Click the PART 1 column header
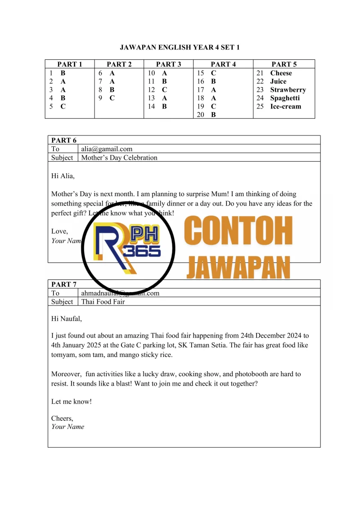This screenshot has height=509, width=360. pyautogui.click(x=69, y=64)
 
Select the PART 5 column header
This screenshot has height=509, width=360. pyautogui.click(x=284, y=64)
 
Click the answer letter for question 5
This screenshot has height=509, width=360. pyautogui.click(x=63, y=107)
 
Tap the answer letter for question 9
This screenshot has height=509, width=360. pyautogui.click(x=112, y=98)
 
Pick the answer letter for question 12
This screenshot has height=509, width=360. pyautogui.click(x=164, y=90)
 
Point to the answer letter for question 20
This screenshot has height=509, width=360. pyautogui.click(x=213, y=115)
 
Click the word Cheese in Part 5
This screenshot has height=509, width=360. pyautogui.click(x=281, y=73)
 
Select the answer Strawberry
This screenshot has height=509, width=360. pyautogui.click(x=288, y=90)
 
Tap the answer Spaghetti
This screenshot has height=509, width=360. pyautogui.click(x=285, y=98)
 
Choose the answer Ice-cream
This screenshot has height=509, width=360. pyautogui.click(x=286, y=107)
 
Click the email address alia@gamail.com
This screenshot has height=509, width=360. pyautogui.click(x=107, y=149)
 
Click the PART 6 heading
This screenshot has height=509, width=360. pyautogui.click(x=64, y=140)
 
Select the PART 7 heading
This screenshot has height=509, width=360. pyautogui.click(x=64, y=284)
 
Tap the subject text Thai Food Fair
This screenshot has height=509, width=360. pyautogui.click(x=103, y=302)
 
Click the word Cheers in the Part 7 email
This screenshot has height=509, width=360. pyautogui.click(x=62, y=418)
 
